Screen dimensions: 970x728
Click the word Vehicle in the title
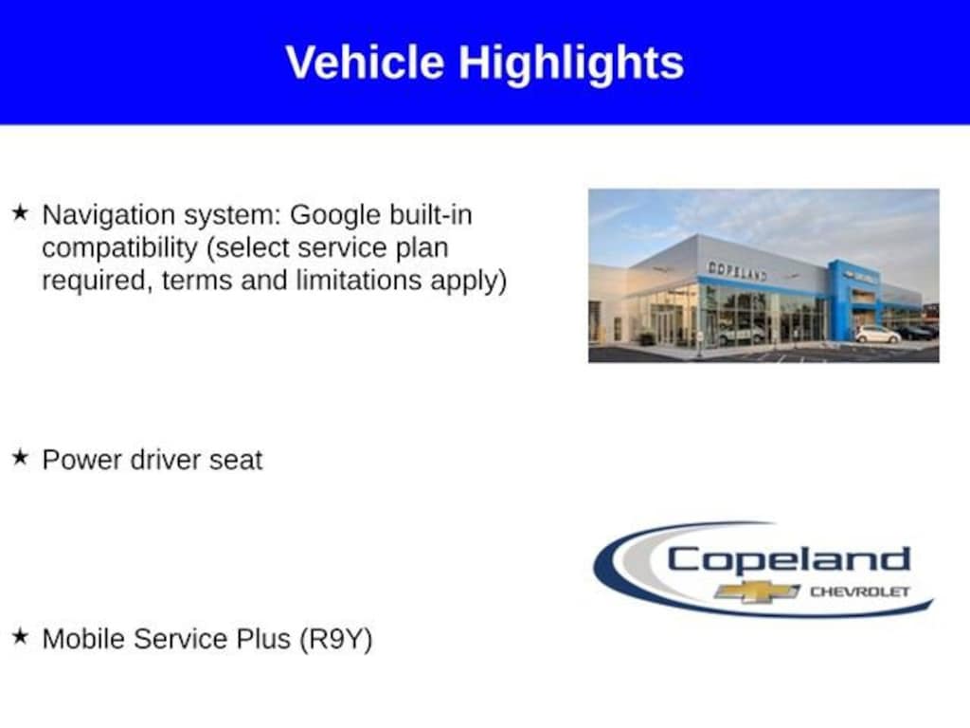(365, 62)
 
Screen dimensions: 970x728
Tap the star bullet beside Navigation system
(20, 213)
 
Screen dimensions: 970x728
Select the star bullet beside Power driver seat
(20, 458)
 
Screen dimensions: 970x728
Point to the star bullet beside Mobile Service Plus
(20, 636)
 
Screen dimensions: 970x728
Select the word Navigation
(109, 216)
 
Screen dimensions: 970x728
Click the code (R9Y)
(336, 640)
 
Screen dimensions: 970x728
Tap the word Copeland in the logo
(789, 559)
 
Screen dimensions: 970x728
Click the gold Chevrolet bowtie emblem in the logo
(757, 591)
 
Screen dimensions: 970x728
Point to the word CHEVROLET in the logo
(860, 591)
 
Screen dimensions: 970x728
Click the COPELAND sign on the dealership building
(737, 270)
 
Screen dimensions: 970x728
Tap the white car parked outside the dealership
(877, 335)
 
